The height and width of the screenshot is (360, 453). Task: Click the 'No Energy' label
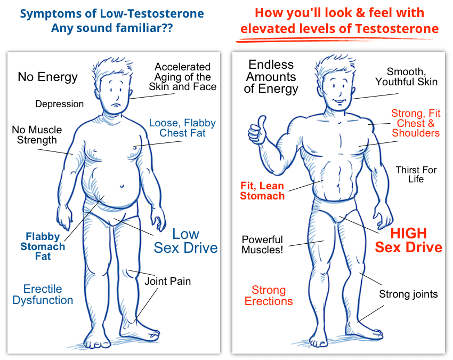pos(47,77)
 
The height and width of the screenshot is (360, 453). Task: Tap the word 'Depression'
pos(59,104)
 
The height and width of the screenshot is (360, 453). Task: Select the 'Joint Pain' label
pos(167,281)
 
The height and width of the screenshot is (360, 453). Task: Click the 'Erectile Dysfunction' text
pos(43,294)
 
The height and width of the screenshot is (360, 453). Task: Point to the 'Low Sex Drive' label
pos(185,241)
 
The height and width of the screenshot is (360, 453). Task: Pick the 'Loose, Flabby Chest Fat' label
pos(182,128)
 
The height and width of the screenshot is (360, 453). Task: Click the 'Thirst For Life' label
pos(416,175)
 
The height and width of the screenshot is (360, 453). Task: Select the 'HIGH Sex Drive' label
pos(408,241)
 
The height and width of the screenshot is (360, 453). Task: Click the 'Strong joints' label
pos(408,294)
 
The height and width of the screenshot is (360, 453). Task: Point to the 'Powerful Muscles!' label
pos(262,245)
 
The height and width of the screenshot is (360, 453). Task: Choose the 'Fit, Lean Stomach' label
pos(262,191)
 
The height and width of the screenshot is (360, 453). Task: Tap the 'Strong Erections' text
pos(269,295)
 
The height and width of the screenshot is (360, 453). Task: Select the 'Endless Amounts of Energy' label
pos(271,76)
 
